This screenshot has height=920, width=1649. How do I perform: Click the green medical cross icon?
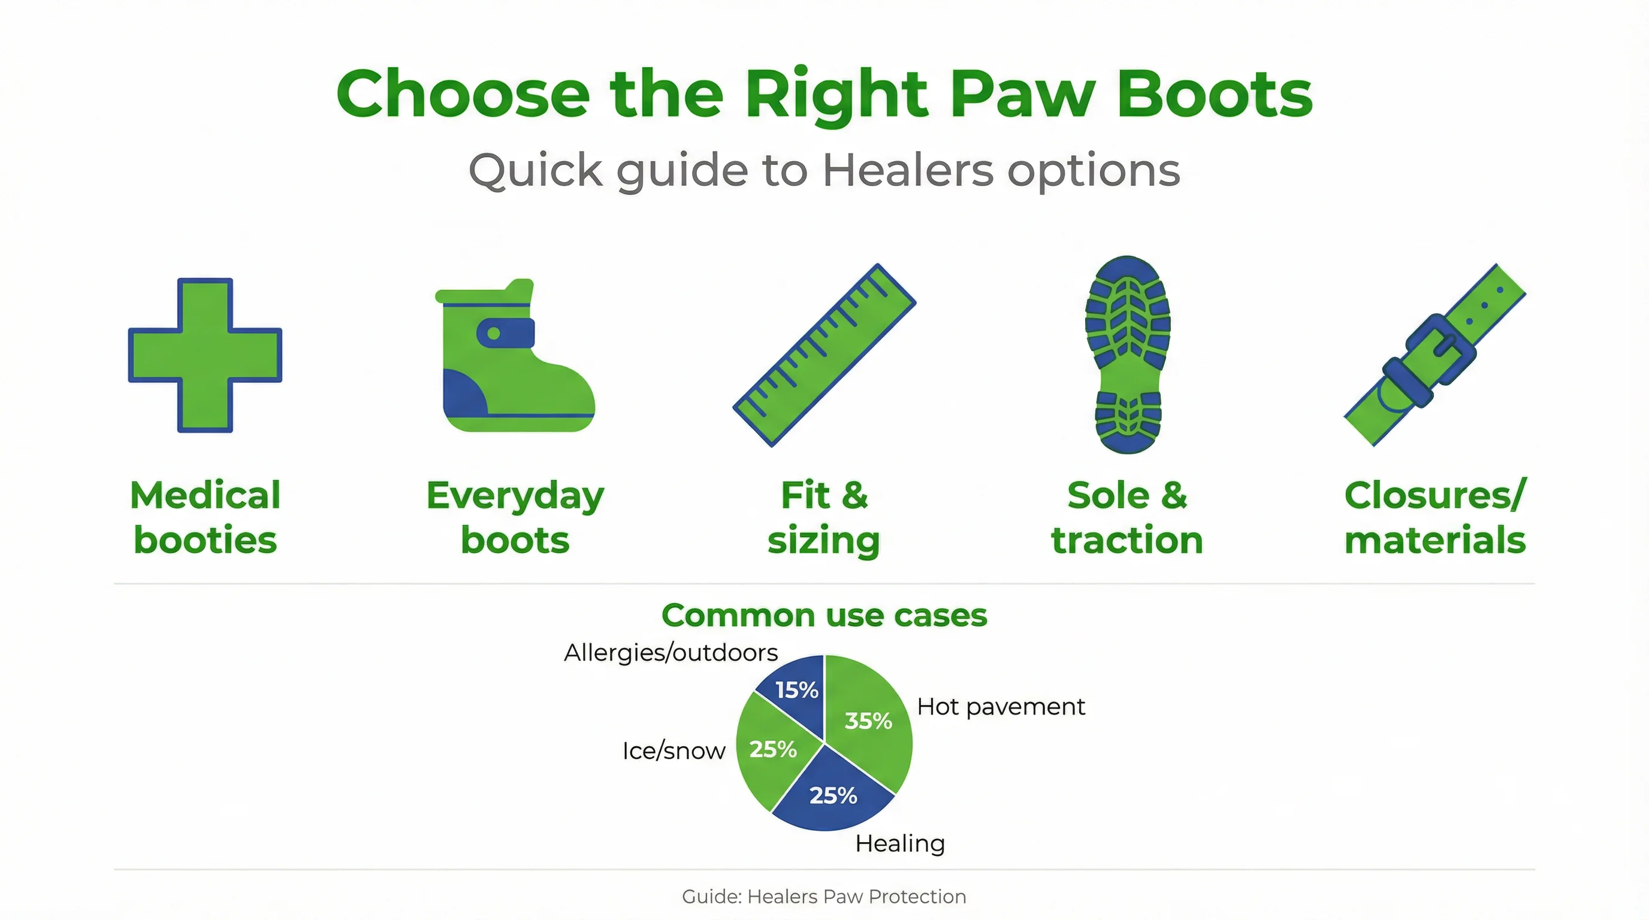tap(205, 355)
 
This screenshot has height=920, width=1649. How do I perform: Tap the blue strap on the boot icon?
tap(506, 332)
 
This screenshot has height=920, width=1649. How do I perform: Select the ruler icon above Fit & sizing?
tap(824, 355)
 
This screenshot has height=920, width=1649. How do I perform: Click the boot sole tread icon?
tap(1128, 355)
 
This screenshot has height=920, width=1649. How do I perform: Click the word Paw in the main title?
tap(1022, 94)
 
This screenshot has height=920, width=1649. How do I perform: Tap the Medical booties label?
tap(205, 517)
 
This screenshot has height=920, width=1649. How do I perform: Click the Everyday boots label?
tap(515, 517)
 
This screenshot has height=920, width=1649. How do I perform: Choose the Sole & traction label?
tap(1127, 517)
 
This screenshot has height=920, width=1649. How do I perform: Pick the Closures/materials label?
tap(1435, 517)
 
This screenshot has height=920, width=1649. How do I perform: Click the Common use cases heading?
tap(824, 616)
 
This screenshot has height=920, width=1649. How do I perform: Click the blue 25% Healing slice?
tap(832, 795)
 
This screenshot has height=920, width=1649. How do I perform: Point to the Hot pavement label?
tap(1001, 707)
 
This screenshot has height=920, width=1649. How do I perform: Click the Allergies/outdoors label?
tap(671, 653)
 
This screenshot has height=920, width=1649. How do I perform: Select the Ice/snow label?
tap(674, 751)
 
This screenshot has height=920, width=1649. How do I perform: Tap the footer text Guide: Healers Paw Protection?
tap(824, 896)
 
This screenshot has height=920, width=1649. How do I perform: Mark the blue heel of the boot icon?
tap(462, 394)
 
